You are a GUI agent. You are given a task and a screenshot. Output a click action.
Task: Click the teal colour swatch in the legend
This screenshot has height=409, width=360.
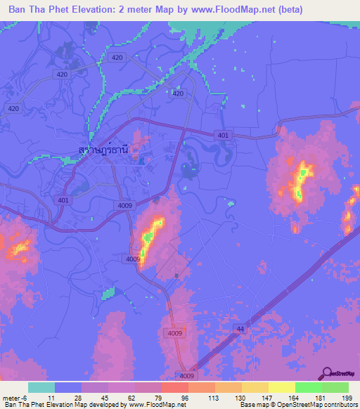click(41, 387)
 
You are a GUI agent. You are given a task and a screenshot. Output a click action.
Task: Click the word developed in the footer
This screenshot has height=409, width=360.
click(101, 405)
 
